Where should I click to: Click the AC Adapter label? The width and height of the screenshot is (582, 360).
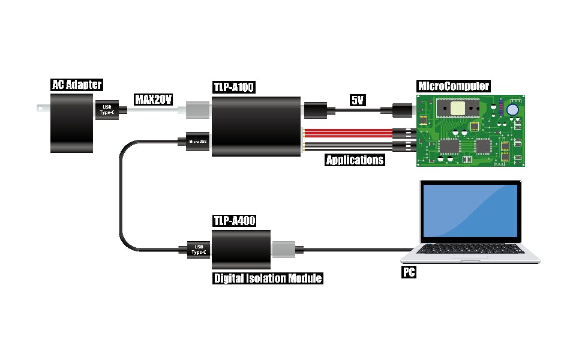76,85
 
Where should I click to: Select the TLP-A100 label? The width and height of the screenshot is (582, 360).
234,88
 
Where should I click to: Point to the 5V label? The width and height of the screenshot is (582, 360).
358,100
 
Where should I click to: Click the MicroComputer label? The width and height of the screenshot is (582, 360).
453,86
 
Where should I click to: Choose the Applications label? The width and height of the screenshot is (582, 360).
354,160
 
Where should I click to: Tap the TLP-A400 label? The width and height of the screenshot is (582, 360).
234,221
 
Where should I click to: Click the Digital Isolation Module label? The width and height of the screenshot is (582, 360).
268,278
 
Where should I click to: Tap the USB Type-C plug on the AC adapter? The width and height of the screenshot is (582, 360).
107,110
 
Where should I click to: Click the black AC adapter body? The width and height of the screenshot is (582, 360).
73,123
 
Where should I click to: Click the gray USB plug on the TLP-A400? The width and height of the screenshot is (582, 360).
284,249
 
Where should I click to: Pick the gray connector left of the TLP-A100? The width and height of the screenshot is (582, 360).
197,110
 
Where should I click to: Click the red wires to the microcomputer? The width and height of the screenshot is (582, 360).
348,133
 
